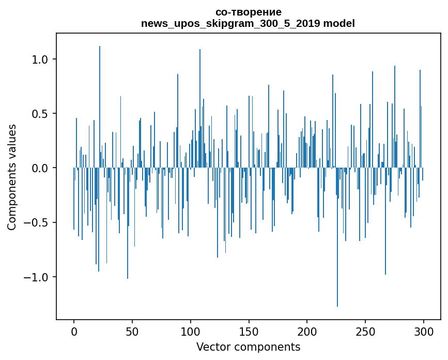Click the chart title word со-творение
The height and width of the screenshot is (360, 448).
coord(248,12)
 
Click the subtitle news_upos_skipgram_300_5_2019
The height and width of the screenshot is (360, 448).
coord(230,24)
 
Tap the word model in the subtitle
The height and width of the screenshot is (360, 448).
coord(339,24)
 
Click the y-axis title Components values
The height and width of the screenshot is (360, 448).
coord(12,177)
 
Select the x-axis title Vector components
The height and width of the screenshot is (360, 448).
coord(248,347)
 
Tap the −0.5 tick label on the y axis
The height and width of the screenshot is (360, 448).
coord(37,222)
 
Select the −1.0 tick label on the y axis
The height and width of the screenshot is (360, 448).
coord(37,277)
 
